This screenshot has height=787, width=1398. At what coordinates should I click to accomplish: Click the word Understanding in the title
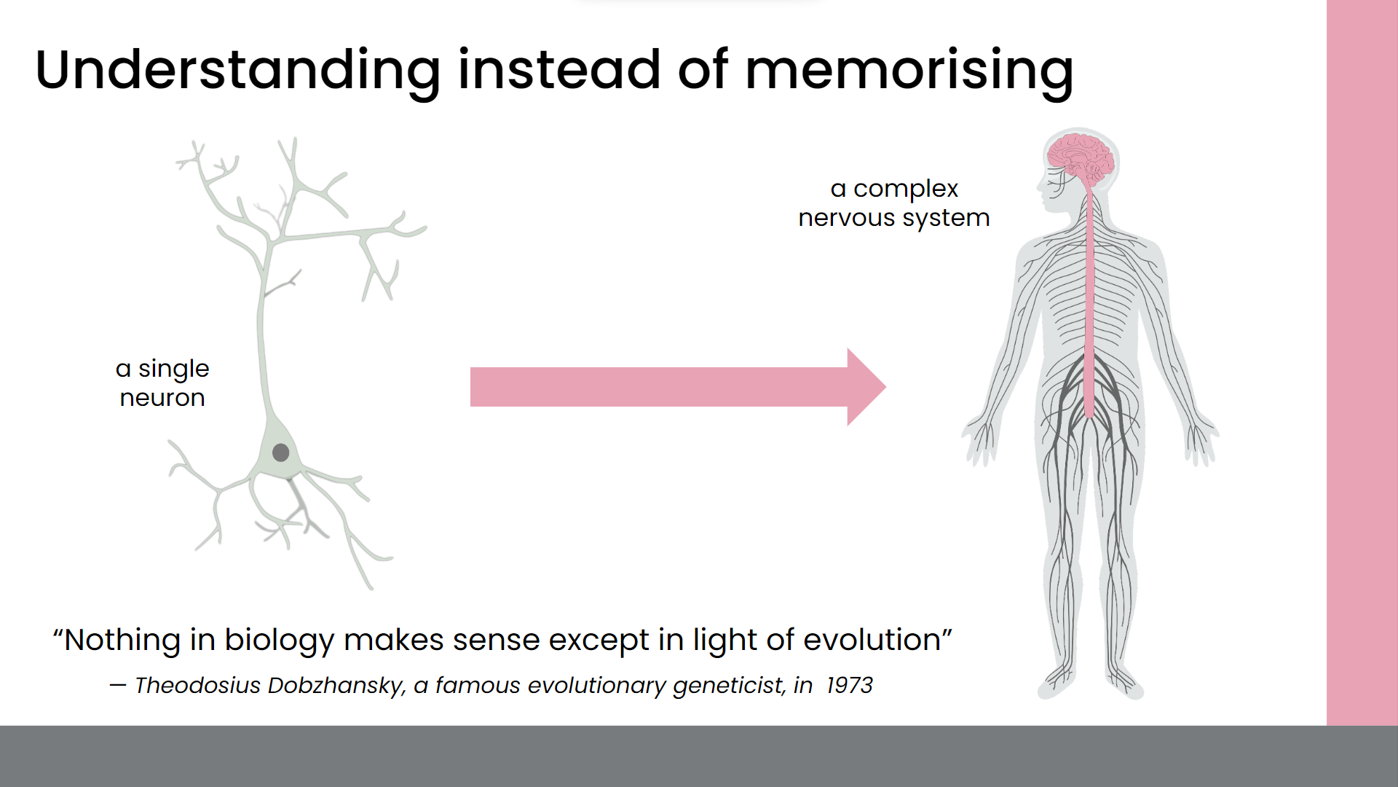(x=238, y=71)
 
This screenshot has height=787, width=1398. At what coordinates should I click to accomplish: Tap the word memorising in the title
(x=909, y=71)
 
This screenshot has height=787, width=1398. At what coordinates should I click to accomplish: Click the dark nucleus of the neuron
(x=280, y=453)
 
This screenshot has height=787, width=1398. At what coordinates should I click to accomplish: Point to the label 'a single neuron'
(x=162, y=383)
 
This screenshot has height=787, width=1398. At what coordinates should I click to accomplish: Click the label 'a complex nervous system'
(x=894, y=203)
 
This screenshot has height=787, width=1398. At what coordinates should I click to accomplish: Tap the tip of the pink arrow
(x=886, y=387)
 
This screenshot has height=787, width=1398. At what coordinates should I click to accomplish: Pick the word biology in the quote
(x=280, y=641)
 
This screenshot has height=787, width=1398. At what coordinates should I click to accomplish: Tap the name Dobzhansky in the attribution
(x=336, y=686)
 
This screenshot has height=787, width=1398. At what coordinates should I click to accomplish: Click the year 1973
(x=849, y=685)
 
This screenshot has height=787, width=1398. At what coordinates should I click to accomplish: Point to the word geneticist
(x=729, y=686)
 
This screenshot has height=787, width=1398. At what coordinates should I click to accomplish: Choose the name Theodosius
(x=197, y=685)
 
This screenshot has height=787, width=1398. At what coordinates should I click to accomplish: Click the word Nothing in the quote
(x=122, y=641)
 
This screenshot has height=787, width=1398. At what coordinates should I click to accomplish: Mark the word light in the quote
(x=724, y=641)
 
